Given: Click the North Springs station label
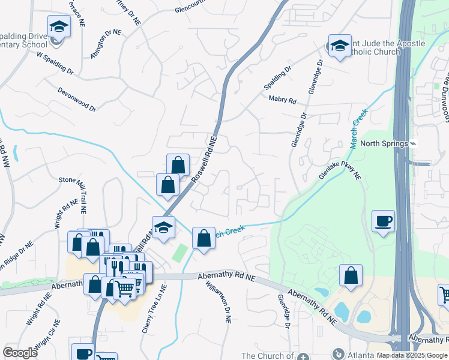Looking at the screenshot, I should click(384, 144).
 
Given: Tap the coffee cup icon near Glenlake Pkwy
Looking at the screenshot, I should click(383, 221).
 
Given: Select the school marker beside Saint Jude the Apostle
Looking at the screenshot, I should click(339, 46).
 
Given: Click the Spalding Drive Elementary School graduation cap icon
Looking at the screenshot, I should click(59, 26).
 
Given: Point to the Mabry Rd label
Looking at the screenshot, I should click(283, 100).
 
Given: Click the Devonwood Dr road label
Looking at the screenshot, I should click(77, 99).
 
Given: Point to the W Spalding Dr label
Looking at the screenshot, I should click(55, 62).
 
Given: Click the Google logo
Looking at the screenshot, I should click(20, 353).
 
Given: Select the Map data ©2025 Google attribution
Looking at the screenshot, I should click(411, 355).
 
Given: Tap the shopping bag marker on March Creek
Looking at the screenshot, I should click(203, 238).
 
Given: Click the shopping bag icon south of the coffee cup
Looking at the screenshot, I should click(351, 275).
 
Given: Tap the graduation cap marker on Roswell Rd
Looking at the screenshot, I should click(163, 227).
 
